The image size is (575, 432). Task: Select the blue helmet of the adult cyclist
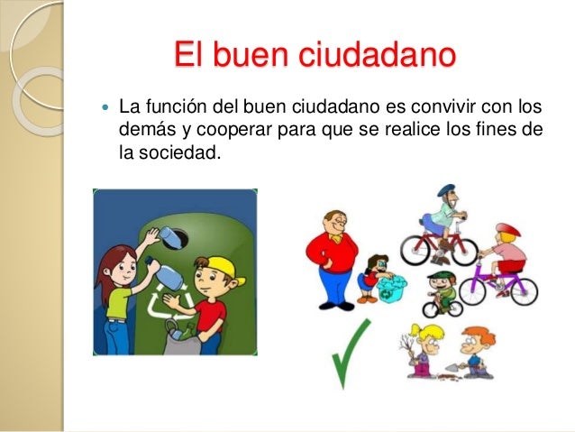pyautogui.click(x=446, y=191)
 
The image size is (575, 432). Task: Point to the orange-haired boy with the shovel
pyautogui.click(x=473, y=350)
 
